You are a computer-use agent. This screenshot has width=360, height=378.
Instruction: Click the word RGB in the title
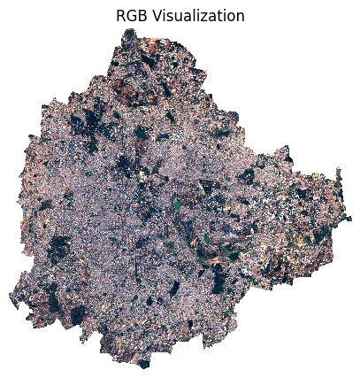coord(131,16)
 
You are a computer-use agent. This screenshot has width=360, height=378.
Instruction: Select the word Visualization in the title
coord(197,16)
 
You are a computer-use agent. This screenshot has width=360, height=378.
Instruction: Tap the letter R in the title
coord(120,16)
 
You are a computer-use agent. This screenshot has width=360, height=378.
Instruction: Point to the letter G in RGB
coord(131,16)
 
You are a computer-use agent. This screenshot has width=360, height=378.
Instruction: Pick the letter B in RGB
coord(142,16)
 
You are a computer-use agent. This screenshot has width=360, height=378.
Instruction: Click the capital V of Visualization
coord(156,16)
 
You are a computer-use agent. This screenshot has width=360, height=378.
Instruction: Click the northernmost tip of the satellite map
coord(131,29)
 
